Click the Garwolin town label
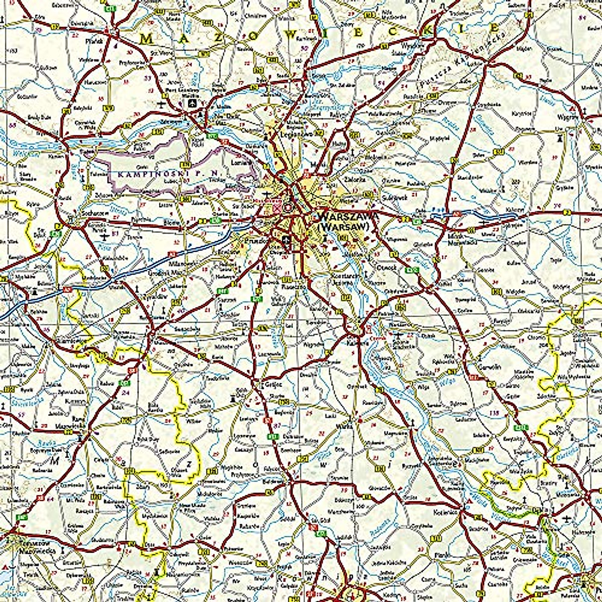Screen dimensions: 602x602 point(490,367)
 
